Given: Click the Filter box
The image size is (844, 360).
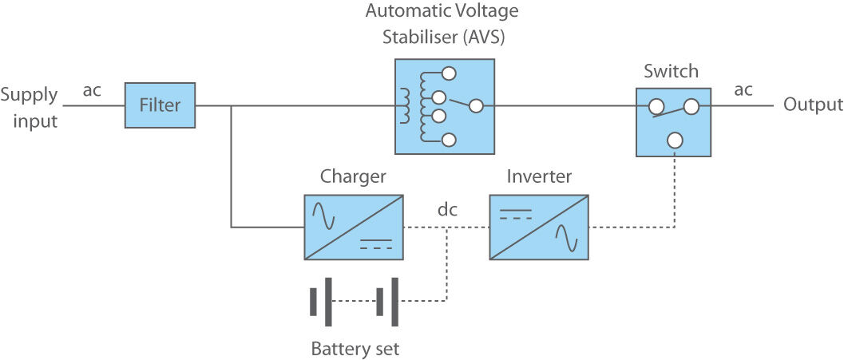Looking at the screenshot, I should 160,105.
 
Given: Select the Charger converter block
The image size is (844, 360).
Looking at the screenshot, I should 354,227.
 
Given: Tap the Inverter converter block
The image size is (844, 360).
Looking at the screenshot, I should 538,227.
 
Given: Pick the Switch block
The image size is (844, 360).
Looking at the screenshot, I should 674,122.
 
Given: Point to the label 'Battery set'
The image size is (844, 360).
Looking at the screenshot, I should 355,349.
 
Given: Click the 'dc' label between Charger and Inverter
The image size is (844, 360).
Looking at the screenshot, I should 448,211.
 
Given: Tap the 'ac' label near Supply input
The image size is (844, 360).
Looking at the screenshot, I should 92,90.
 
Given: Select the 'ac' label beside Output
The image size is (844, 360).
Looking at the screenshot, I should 743,89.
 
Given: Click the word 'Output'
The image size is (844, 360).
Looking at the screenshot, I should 813,105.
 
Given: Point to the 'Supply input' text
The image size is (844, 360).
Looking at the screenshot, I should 30,109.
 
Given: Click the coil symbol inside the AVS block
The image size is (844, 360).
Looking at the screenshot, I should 405,105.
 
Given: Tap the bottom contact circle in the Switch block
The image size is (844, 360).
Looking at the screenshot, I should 675,140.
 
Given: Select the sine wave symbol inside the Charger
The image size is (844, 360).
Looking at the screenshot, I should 323,213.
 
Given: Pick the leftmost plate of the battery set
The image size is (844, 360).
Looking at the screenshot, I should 313,302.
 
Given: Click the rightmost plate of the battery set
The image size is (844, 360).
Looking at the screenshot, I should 395,302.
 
